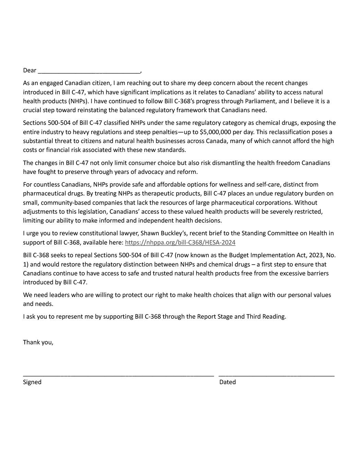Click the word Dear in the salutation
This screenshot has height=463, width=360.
click(29, 70)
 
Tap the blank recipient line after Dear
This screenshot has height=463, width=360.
click(89, 72)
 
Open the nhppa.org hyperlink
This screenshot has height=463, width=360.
click(180, 242)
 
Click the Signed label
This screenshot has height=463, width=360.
click(32, 382)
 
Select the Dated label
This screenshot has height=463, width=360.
click(228, 382)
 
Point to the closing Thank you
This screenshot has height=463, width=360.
click(38, 342)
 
